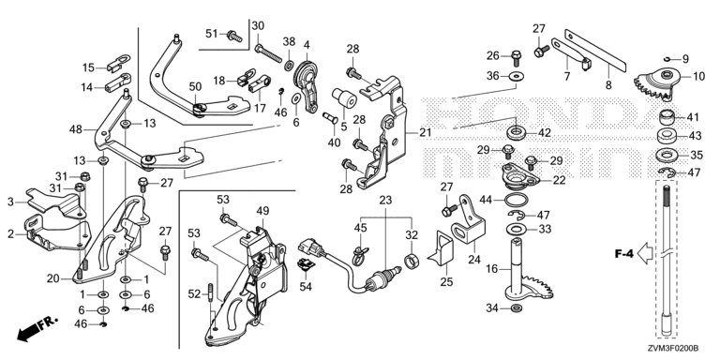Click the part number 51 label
[211, 34]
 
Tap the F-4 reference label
[624, 253]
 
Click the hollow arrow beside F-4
[645, 253]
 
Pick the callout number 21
[426, 133]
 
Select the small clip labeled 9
[668, 58]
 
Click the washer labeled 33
[517, 229]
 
